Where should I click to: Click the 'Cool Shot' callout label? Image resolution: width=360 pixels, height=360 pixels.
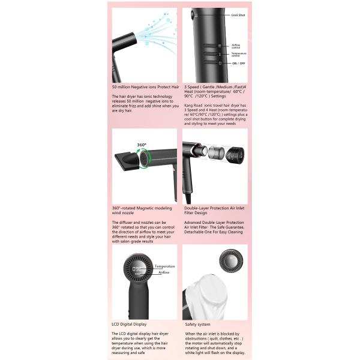(238, 14)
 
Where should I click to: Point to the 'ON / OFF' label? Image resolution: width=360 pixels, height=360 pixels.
(238, 63)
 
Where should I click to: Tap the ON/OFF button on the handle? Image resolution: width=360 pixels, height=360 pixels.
(220, 63)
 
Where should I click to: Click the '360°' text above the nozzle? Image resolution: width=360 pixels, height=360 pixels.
(142, 145)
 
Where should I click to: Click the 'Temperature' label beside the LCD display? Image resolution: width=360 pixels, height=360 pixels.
(164, 266)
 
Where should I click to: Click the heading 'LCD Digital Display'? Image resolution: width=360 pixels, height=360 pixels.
(129, 323)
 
